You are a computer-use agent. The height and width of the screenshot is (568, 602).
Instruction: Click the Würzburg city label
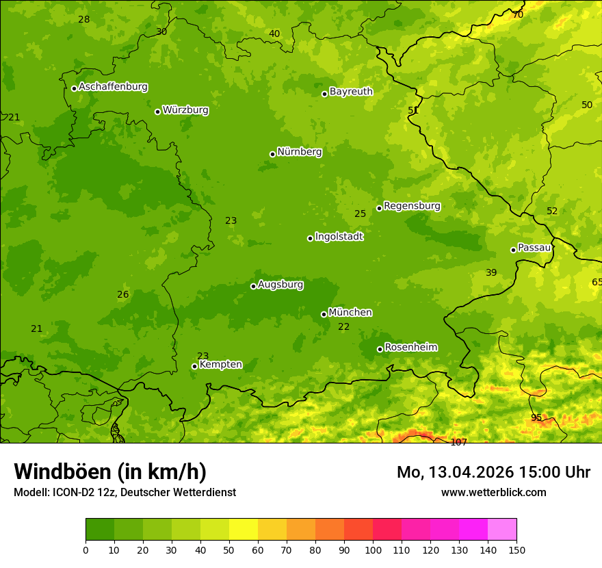click(185, 110)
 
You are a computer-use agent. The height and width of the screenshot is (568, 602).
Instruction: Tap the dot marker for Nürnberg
click(273, 154)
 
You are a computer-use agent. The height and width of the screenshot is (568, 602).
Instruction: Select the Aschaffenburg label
click(113, 87)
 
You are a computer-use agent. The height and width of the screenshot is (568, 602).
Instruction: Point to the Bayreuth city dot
click(325, 94)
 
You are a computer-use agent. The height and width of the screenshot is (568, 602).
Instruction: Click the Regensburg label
click(412, 206)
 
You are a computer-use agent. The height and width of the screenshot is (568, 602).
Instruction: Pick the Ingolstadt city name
click(339, 237)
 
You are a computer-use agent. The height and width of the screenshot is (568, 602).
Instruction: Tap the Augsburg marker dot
click(253, 286)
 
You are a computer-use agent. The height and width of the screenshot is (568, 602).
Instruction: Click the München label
click(350, 313)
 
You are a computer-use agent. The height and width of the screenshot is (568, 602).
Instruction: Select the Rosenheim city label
click(410, 348)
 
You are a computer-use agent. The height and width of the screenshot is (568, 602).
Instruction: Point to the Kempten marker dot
click(194, 366)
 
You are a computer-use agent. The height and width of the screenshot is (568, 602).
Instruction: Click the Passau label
click(534, 248)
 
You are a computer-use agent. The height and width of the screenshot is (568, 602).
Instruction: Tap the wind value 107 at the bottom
click(458, 442)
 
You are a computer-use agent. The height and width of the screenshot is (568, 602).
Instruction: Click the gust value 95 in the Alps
click(536, 418)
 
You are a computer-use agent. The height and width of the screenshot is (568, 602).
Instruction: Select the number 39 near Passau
click(491, 273)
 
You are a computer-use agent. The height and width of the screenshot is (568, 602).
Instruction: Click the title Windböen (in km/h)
click(110, 472)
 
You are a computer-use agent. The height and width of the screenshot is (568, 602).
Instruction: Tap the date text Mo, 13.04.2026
click(451, 472)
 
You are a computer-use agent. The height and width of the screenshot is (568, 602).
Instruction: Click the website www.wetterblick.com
click(493, 493)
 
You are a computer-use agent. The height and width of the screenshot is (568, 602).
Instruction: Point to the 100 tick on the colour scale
click(373, 550)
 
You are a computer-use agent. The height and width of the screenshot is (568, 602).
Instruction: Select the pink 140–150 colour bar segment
click(502, 530)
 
